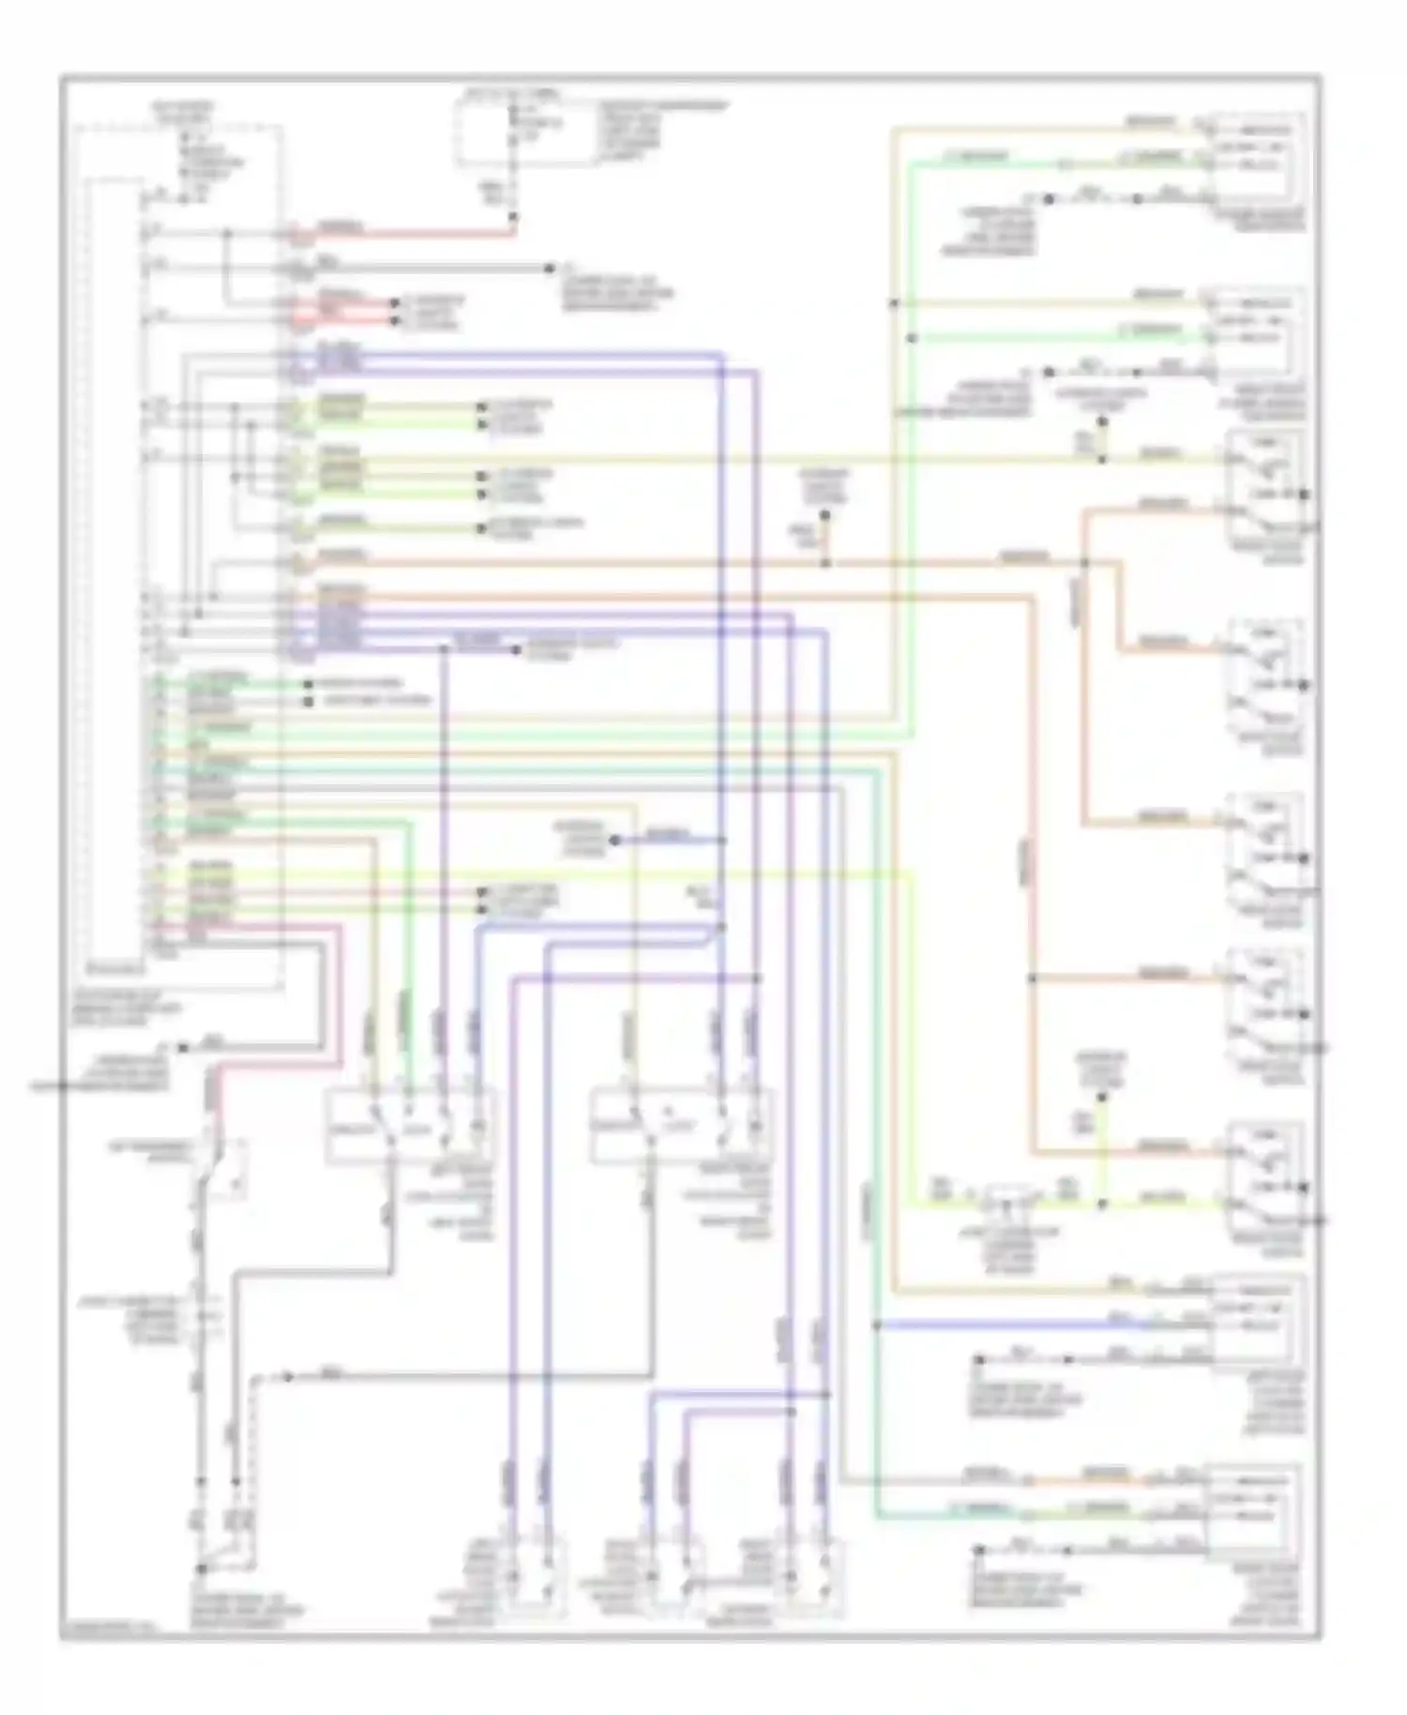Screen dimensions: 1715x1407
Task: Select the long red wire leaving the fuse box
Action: click(413, 232)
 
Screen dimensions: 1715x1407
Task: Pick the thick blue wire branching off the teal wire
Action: click(1013, 1325)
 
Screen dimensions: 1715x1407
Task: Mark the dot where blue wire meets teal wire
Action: click(876, 1325)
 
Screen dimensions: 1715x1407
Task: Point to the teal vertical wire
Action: click(876, 1126)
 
